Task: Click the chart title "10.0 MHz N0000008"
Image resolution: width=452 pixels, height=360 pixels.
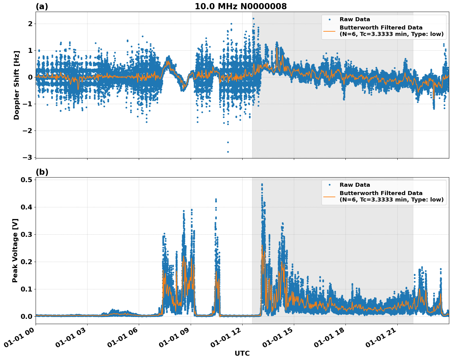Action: pyautogui.click(x=240, y=6)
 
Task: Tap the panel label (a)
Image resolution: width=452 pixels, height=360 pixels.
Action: pyautogui.click(x=42, y=6)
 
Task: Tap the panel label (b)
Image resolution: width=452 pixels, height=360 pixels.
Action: pyautogui.click(x=42, y=172)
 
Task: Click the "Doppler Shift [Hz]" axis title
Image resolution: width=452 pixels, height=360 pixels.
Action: pyautogui.click(x=17, y=85)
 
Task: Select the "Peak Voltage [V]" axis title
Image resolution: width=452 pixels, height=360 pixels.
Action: pyautogui.click(x=15, y=250)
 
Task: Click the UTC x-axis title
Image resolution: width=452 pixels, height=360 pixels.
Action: pyautogui.click(x=242, y=353)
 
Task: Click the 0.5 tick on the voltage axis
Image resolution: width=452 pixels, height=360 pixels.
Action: pyautogui.click(x=27, y=180)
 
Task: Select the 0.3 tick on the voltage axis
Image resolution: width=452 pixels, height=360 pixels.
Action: pyautogui.click(x=27, y=234)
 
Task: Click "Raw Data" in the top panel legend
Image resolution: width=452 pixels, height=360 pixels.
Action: pyautogui.click(x=355, y=19)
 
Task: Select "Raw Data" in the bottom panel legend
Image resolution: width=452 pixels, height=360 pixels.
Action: pyautogui.click(x=355, y=185)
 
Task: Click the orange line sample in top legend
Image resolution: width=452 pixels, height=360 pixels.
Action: pyautogui.click(x=329, y=31)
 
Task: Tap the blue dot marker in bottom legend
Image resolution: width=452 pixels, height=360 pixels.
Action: pyautogui.click(x=329, y=185)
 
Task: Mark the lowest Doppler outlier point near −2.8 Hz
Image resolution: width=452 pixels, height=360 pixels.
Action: pyautogui.click(x=228, y=152)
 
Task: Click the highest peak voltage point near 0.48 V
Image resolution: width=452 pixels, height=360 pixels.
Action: pyautogui.click(x=262, y=184)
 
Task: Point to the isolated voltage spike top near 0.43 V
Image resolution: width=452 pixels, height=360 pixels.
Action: pyautogui.click(x=216, y=199)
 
